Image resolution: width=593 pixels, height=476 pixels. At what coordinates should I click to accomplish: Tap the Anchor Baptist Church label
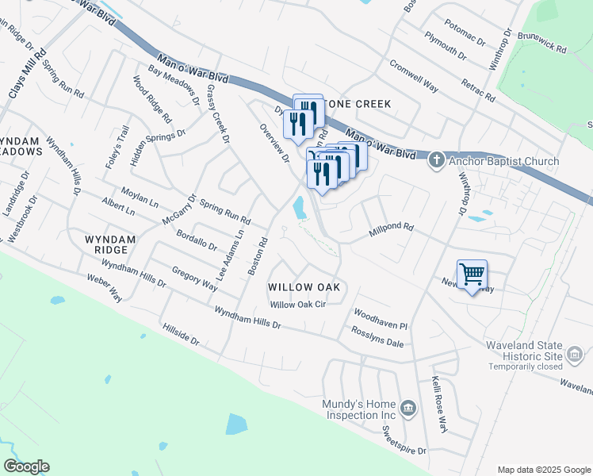503,162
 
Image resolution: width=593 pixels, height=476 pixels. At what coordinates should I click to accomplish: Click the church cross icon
435,161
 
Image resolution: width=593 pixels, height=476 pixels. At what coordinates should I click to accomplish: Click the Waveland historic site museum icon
576,351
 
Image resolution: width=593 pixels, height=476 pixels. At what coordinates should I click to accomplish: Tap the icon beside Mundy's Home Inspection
408,409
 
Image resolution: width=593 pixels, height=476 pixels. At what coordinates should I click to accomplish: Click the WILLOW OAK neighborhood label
304,286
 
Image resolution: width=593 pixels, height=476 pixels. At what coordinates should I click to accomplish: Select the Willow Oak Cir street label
298,305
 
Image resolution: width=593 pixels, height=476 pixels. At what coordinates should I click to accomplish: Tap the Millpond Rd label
392,231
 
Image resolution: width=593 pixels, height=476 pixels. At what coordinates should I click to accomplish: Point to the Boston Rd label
257,255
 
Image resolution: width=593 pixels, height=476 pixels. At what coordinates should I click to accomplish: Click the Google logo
26,466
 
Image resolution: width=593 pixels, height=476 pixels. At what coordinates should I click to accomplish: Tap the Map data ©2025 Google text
543,470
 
